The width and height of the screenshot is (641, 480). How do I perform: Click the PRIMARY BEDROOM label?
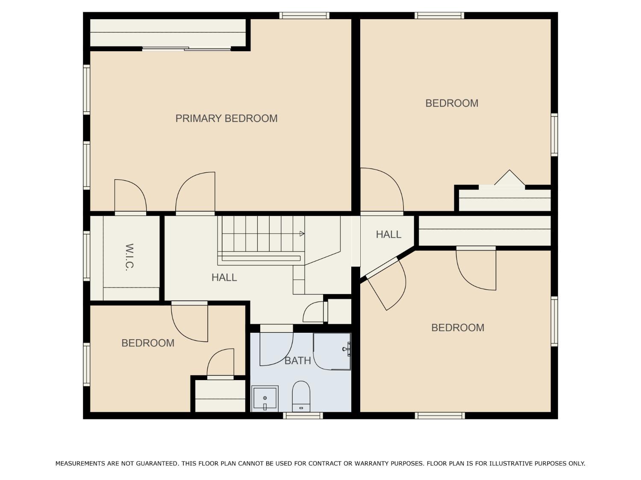point(226,118)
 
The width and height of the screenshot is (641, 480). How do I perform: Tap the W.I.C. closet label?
point(129,257)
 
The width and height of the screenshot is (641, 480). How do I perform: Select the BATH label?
point(297,361)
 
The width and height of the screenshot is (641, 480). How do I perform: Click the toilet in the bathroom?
point(301,396)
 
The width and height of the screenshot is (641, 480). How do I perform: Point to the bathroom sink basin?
point(265,398)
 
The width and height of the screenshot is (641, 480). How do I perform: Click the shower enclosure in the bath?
point(332,352)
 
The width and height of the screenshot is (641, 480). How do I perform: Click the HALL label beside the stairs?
point(224,277)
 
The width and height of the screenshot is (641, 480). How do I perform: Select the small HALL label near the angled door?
point(388,234)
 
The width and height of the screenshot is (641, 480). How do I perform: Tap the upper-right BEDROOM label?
point(452,103)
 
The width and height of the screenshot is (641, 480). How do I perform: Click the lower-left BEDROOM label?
point(148,343)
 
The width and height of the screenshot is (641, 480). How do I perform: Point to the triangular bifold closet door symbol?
point(509,178)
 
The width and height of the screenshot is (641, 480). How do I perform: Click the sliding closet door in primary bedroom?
point(187,49)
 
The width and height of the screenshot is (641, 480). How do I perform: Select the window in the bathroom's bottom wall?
point(303,415)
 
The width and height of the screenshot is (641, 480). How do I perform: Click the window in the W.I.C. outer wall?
point(87,256)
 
